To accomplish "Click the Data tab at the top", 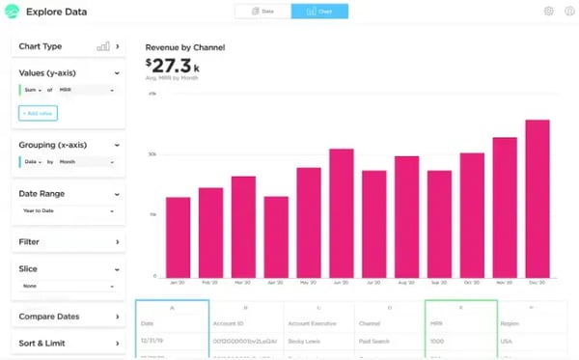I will coord(262,12).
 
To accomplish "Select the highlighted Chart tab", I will coord(319,12).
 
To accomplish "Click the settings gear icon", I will coord(549,12).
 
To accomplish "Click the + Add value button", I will coord(39,113).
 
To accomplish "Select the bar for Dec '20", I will coord(538,199).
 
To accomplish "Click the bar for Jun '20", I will coord(342,213).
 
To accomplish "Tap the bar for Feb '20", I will coord(210,233).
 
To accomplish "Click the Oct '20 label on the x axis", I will coord(472,285).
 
